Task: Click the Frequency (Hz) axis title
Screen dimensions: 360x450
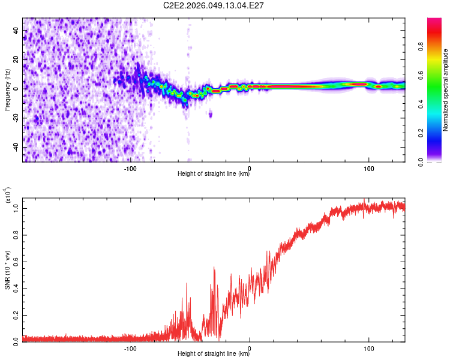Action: click(x=7, y=88)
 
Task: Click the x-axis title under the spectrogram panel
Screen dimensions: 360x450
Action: click(x=214, y=174)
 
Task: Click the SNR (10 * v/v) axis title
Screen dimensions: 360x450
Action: click(x=7, y=272)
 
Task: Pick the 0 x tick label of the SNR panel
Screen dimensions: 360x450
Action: click(x=250, y=348)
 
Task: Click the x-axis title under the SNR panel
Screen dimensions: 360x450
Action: click(x=214, y=354)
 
